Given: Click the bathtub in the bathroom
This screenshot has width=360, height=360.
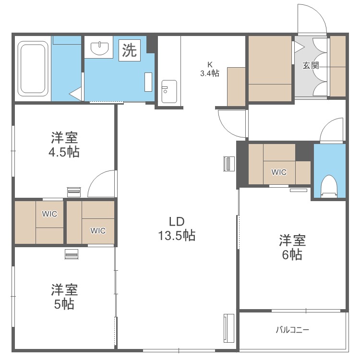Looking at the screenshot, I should (33, 68).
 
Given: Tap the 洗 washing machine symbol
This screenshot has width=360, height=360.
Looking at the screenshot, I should (129, 50).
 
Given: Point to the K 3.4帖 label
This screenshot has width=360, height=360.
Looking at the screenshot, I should (210, 69).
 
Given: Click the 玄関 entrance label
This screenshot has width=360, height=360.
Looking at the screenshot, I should (311, 66).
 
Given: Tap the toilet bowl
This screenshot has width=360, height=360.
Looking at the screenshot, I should (329, 185).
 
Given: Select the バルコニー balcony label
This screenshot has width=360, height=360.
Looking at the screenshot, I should (292, 330).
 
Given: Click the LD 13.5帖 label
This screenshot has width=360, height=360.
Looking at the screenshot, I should (177, 228).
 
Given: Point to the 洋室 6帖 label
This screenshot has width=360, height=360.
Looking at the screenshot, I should (292, 247).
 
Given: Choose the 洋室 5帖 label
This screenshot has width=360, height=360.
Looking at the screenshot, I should (64, 297).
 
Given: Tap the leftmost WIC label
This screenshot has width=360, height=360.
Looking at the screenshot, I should (49, 214).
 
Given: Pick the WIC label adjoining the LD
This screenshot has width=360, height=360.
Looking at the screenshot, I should (98, 230).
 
